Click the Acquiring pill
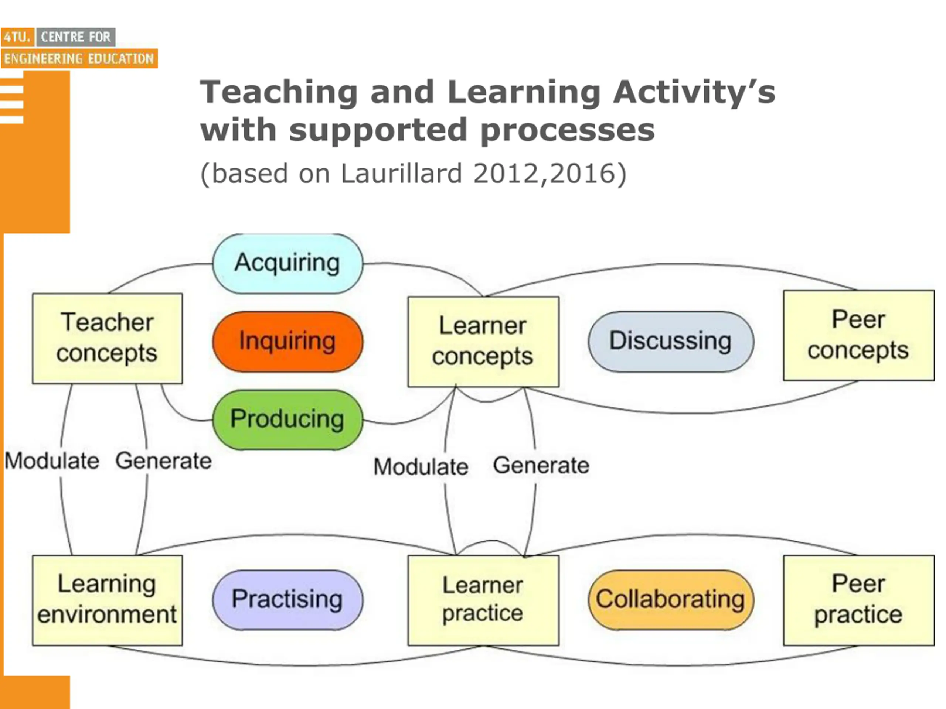pos(287,263)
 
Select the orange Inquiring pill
pos(287,341)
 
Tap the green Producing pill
pos(287,419)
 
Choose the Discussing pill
pos(671,341)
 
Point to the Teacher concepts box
pos(107,338)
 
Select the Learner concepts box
pos(483,342)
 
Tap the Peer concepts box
pos(858,335)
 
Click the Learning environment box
pos(107,600)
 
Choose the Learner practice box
pos(483,600)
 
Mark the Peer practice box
pos(858,600)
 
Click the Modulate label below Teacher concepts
pos(52,461)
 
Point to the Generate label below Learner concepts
pos(541,465)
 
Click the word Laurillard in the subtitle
pos(401,174)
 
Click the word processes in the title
pos(568,130)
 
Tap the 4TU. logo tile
pos(17,37)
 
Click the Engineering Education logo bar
pos(79,59)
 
